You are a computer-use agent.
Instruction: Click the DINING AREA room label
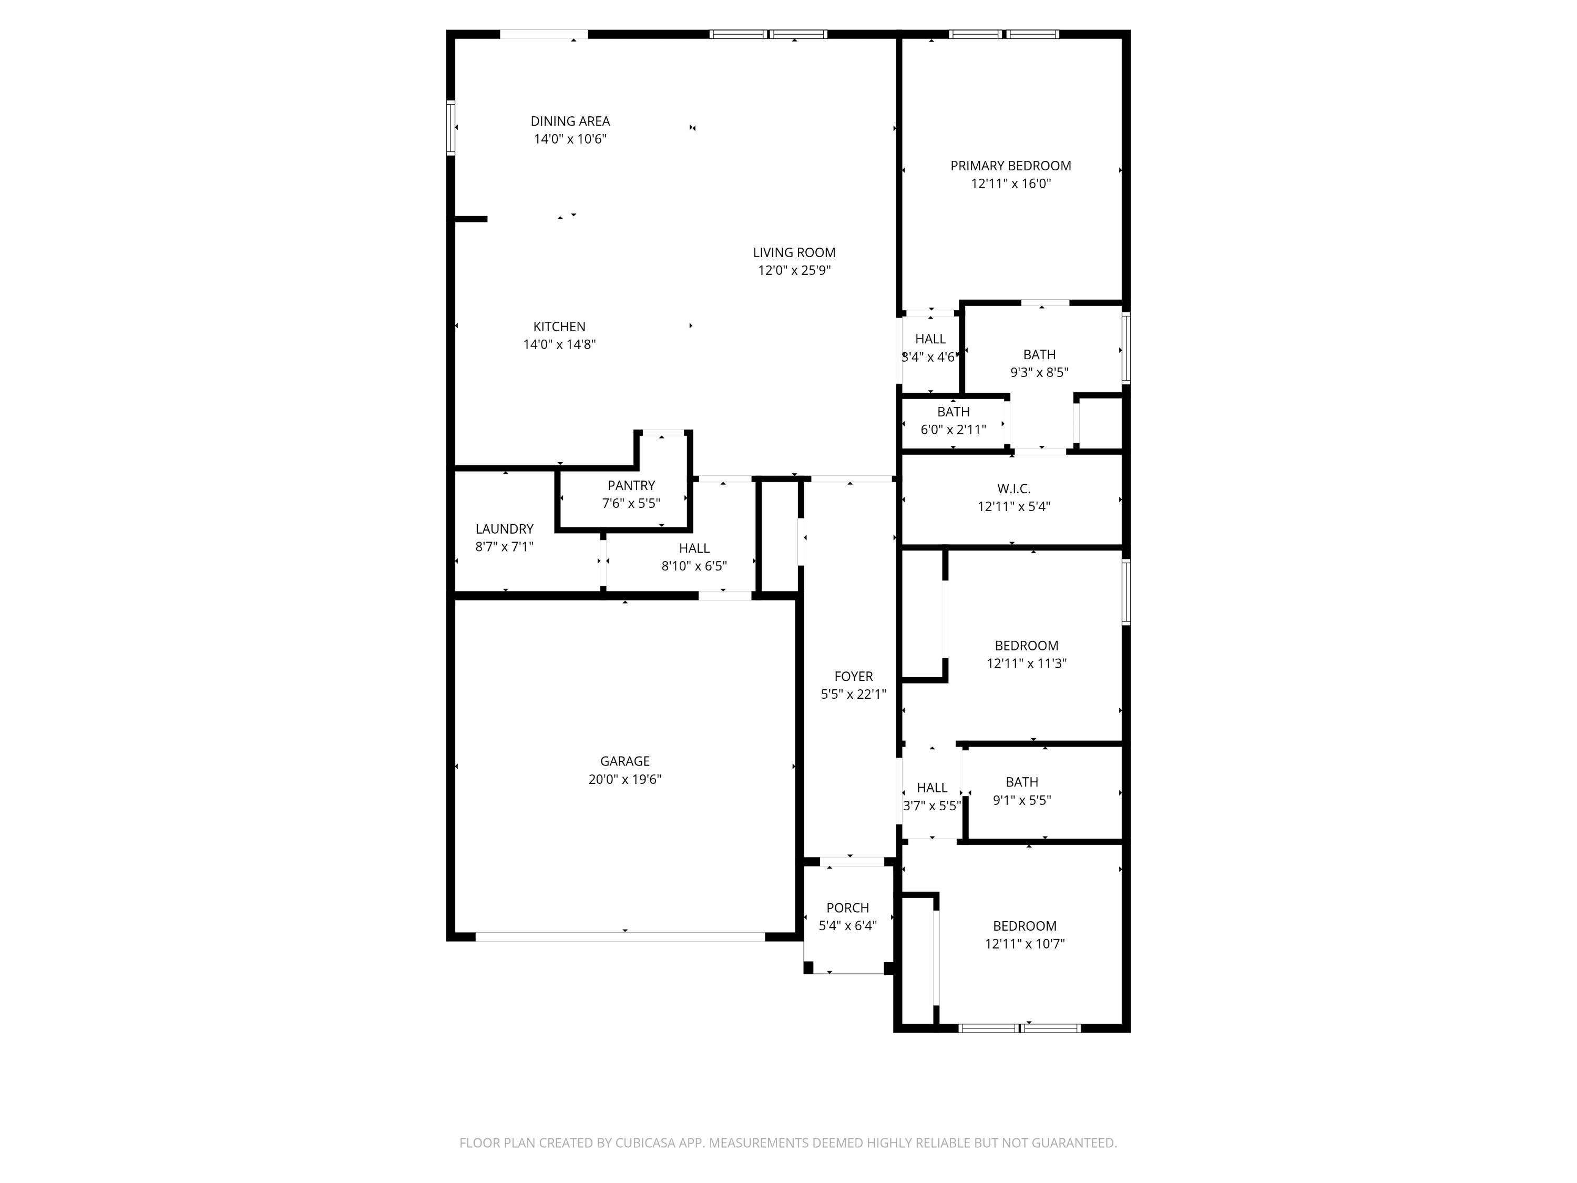click(570, 121)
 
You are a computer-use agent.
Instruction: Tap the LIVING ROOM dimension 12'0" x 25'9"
click(794, 270)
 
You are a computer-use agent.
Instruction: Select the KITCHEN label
click(560, 327)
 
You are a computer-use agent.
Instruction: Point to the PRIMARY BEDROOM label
click(1011, 166)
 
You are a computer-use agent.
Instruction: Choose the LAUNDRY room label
click(505, 529)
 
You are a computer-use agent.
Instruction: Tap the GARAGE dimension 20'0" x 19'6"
click(625, 779)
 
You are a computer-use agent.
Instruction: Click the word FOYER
click(853, 676)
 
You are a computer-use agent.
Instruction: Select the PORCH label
click(848, 907)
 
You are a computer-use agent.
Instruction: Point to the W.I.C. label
click(1014, 488)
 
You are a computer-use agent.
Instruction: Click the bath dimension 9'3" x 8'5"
click(1039, 372)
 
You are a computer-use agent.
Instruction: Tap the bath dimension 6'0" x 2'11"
click(953, 429)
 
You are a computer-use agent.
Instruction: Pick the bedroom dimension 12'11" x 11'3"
click(1027, 663)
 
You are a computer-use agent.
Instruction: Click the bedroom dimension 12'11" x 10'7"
click(1025, 943)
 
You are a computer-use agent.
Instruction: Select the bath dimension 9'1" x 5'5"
click(1022, 800)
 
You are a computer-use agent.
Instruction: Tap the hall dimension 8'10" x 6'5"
click(694, 566)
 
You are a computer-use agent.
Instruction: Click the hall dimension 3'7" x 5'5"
click(932, 806)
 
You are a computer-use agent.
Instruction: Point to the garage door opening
click(620, 937)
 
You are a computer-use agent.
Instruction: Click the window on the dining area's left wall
click(450, 128)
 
